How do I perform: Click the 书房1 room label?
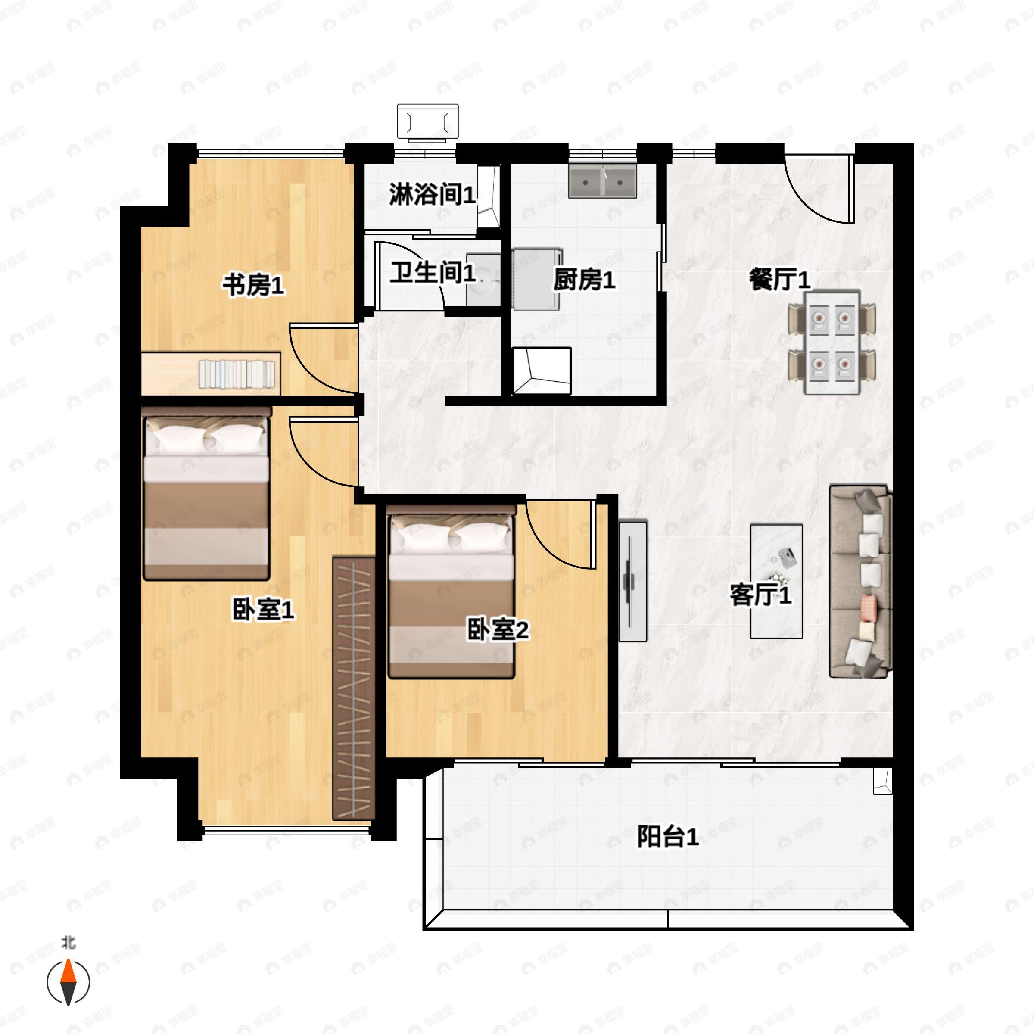(x=253, y=285)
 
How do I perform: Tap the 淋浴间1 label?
(x=432, y=194)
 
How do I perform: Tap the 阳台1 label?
(x=667, y=837)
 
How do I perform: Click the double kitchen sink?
(x=603, y=182)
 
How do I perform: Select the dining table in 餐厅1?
(x=832, y=343)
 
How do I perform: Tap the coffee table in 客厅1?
(x=776, y=581)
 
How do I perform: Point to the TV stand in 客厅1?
(x=633, y=580)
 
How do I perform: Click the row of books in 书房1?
(x=237, y=374)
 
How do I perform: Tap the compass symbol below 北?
(x=69, y=982)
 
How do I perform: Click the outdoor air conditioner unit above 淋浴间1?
(x=428, y=122)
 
